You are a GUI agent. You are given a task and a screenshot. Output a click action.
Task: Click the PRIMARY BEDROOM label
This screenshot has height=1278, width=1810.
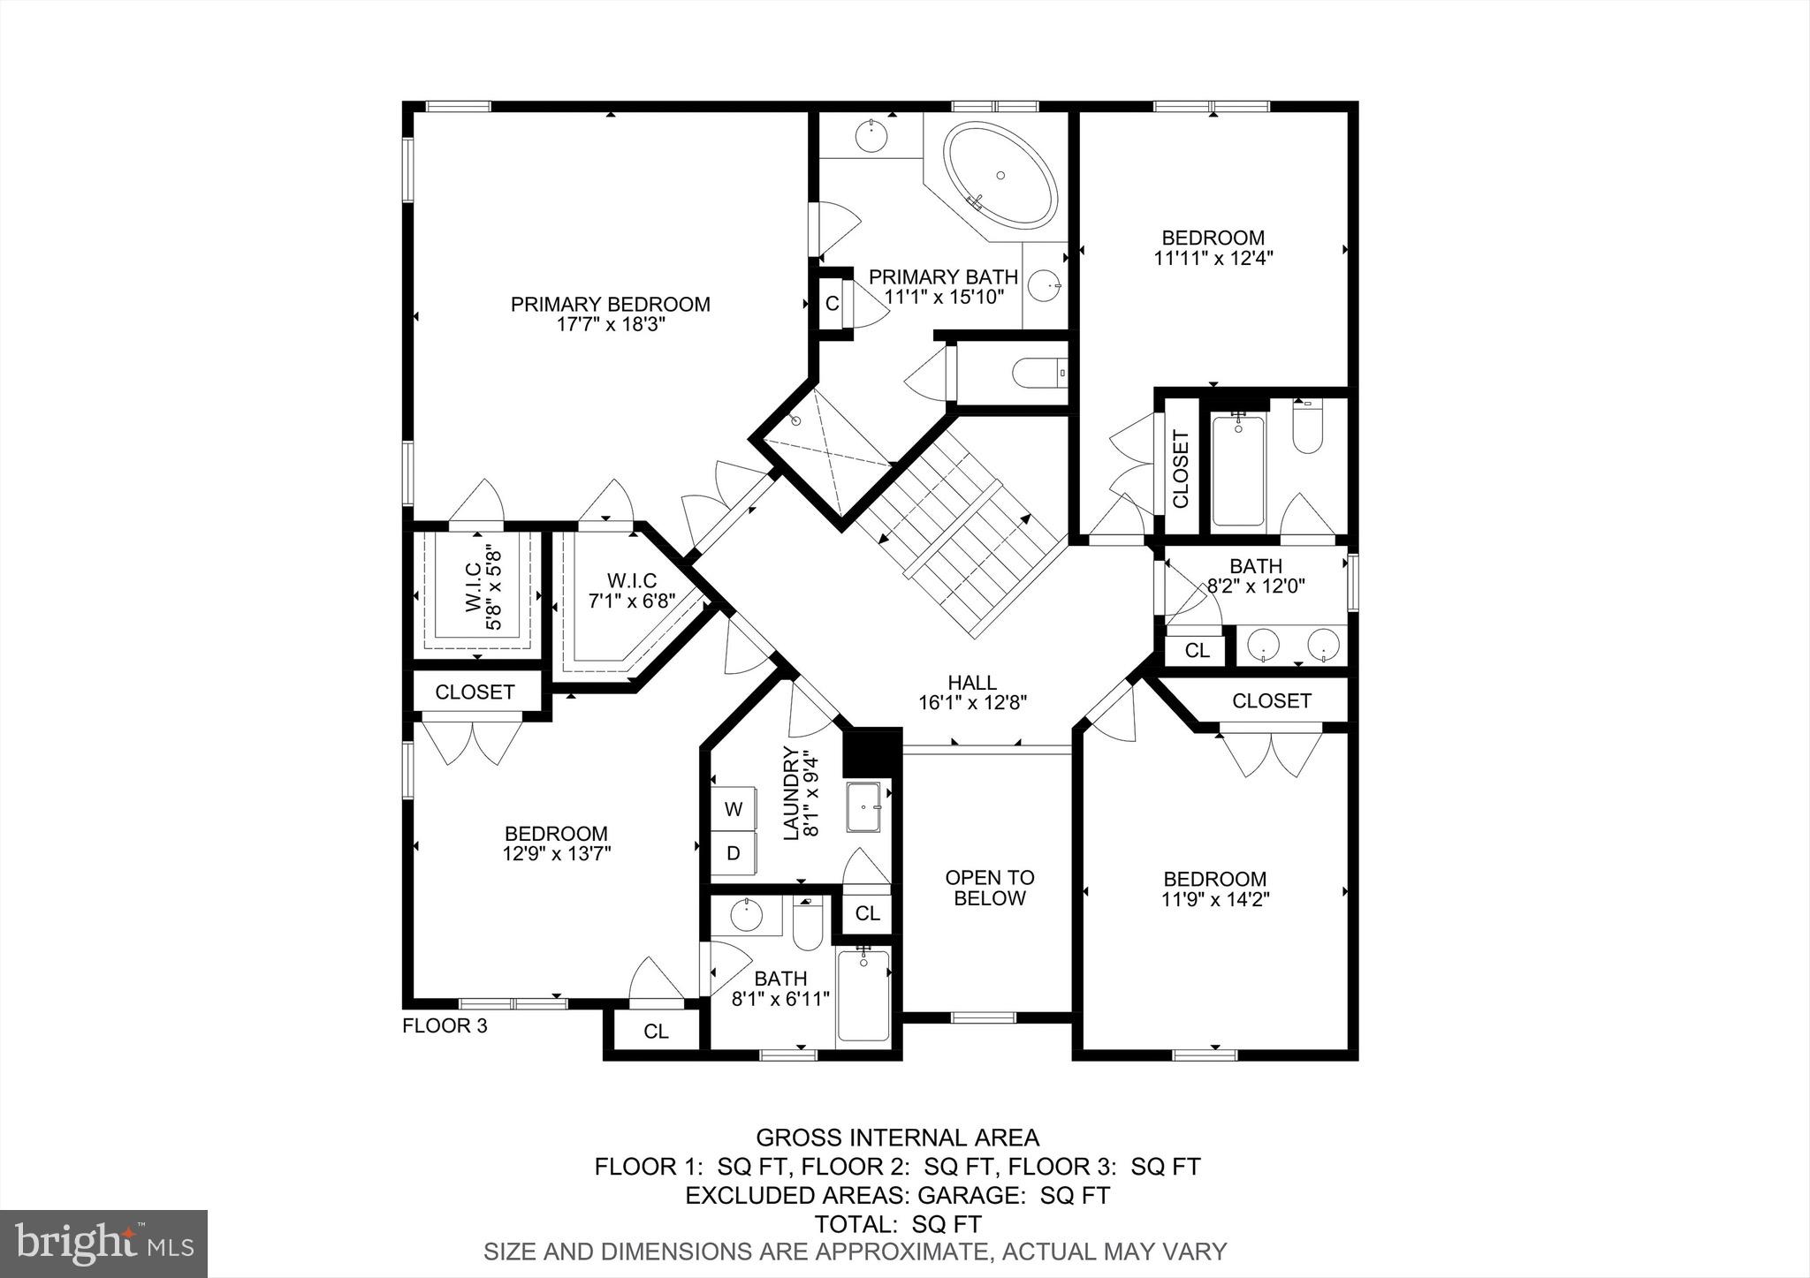coord(610,305)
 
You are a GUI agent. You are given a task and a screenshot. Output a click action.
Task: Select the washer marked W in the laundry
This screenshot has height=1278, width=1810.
coord(734,808)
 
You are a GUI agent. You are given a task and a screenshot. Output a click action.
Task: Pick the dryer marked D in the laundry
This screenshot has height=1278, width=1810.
coord(734,854)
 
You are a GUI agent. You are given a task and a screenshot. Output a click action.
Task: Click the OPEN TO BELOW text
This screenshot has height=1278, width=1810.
coord(989,888)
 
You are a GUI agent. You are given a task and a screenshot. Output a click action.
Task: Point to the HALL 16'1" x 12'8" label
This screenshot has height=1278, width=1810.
coord(972,692)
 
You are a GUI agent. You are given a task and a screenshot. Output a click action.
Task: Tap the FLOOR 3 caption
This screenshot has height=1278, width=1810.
coord(445,1026)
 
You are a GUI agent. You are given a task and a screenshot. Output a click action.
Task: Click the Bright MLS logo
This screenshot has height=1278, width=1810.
coord(103,1244)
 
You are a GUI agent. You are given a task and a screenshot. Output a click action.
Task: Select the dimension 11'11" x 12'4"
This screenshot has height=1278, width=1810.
coord(1213,259)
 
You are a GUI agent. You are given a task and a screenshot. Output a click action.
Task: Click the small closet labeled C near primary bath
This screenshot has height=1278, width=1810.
coord(832,304)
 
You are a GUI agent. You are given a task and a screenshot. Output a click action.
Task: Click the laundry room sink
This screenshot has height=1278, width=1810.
coord(863,807)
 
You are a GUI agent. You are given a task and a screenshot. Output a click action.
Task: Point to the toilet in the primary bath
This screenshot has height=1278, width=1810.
coord(1038,374)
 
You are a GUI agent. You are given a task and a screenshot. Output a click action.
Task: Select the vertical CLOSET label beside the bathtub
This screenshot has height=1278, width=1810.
coord(1181,469)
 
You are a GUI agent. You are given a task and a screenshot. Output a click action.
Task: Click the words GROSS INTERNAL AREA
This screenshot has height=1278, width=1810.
coord(897,1138)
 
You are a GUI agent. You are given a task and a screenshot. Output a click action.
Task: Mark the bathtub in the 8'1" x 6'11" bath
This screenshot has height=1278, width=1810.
coord(863,995)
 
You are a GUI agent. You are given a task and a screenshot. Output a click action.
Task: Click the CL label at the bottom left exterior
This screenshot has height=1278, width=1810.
coord(656,1032)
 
